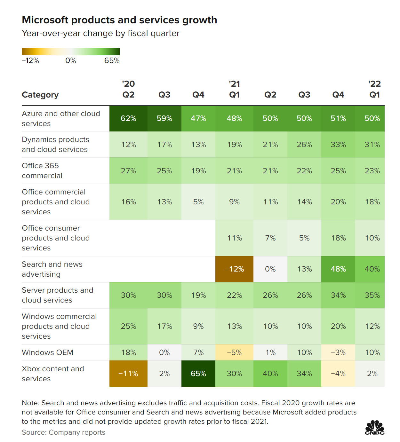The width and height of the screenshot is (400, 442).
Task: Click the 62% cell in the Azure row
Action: [128, 118]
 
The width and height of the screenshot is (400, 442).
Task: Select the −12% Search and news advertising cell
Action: [234, 269]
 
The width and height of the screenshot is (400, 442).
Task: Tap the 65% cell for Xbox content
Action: [198, 374]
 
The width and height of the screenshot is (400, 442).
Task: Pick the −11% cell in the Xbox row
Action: [128, 374]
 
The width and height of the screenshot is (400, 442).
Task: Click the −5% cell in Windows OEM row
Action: [234, 352]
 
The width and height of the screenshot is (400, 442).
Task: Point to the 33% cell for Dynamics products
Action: [338, 145]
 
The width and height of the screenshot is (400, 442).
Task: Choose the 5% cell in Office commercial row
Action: [198, 202]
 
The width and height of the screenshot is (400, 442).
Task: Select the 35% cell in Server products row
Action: [372, 295]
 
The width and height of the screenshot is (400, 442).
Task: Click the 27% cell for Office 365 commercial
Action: [128, 171]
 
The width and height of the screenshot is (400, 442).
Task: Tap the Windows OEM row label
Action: [47, 352]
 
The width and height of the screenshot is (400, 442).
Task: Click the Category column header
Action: [40, 95]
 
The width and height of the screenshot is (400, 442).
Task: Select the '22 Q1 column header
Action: [374, 89]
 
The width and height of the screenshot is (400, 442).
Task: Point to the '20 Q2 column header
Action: [128, 89]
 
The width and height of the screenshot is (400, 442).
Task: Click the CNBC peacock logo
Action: [375, 428]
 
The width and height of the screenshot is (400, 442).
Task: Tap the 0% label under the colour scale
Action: [71, 61]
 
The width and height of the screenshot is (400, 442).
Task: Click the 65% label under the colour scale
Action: [112, 61]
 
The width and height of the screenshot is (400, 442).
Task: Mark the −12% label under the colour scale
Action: [30, 61]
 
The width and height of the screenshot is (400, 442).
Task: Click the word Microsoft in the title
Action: [45, 20]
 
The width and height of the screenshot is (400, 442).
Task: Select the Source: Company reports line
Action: [63, 432]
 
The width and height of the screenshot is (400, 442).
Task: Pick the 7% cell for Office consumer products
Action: [270, 238]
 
